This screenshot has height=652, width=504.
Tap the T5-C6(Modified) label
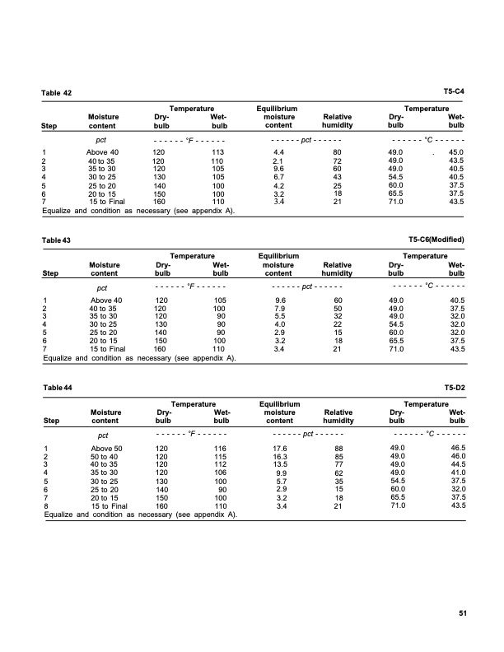coord(436,240)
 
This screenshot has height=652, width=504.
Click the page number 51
coord(462,612)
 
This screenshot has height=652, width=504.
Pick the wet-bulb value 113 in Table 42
coord(218,152)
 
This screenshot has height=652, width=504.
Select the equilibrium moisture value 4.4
coord(278,152)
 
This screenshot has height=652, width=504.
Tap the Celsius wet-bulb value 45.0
coord(455,152)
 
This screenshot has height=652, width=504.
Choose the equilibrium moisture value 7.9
coord(278,309)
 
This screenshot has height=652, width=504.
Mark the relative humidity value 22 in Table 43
coord(337,325)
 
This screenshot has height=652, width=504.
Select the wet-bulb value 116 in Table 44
coord(218,448)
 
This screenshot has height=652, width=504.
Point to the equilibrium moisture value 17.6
coord(278,448)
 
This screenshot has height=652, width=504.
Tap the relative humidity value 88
coord(337,448)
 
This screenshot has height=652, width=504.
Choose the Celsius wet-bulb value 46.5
coord(455,448)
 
